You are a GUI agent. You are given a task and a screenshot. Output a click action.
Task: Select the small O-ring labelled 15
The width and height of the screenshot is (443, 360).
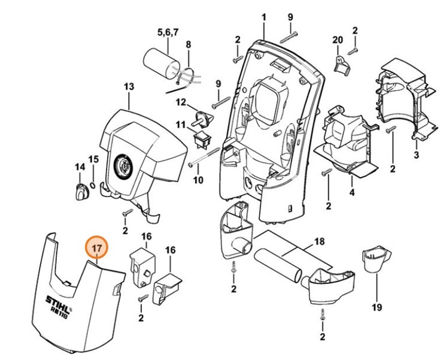pos(93,180)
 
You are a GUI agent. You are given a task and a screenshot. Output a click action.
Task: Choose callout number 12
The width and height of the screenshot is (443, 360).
pos(181,102)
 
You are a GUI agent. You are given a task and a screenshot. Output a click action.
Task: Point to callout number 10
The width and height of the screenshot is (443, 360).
pos(199,179)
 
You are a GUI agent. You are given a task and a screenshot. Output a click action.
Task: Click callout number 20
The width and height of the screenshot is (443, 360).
pos(338,40)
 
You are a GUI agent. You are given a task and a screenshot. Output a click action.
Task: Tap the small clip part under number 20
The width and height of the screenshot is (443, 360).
pos(342,65)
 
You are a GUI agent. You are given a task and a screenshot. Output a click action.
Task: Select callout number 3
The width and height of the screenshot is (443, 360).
pos(417,156)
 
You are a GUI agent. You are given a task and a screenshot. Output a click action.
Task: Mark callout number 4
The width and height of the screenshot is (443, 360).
pos(352,192)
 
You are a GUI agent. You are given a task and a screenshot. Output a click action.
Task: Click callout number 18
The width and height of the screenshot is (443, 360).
pos(319,243)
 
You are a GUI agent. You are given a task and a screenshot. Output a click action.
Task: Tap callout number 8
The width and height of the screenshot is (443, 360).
pos(188,44)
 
